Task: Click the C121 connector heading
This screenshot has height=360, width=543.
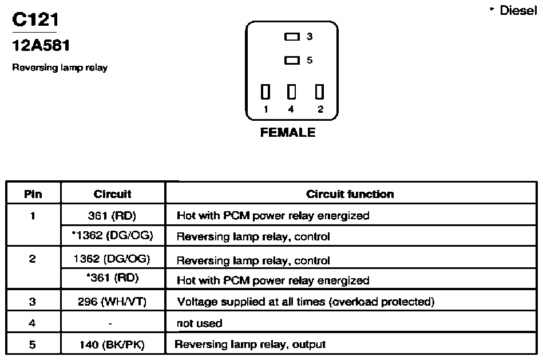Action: (35, 19)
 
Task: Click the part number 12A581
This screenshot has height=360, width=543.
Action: (41, 45)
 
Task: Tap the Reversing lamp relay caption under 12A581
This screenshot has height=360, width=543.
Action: (60, 67)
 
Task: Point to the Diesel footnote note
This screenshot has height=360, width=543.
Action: (514, 10)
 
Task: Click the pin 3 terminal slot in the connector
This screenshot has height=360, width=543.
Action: (292, 37)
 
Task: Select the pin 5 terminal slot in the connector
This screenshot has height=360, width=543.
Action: (292, 60)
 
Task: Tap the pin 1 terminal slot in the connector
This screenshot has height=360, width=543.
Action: (265, 92)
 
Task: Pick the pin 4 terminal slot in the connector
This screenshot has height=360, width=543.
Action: (292, 92)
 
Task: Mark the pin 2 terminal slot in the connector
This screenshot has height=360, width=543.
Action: (319, 92)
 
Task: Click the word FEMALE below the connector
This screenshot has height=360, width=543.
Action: (288, 132)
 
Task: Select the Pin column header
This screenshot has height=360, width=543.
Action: (33, 194)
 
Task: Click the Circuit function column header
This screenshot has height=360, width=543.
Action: (350, 194)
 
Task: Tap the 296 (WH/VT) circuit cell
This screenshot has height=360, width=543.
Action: (112, 302)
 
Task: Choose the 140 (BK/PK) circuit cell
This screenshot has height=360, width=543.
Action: (112, 345)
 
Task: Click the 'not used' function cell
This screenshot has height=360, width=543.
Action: (200, 323)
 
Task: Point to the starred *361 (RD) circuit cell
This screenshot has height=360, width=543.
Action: (113, 278)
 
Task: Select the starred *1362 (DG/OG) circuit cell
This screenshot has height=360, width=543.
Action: (112, 235)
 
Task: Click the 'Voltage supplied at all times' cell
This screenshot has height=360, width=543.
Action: (306, 302)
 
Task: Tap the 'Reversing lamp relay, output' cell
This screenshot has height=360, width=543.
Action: (250, 345)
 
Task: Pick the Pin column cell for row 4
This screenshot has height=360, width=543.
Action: (32, 323)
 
